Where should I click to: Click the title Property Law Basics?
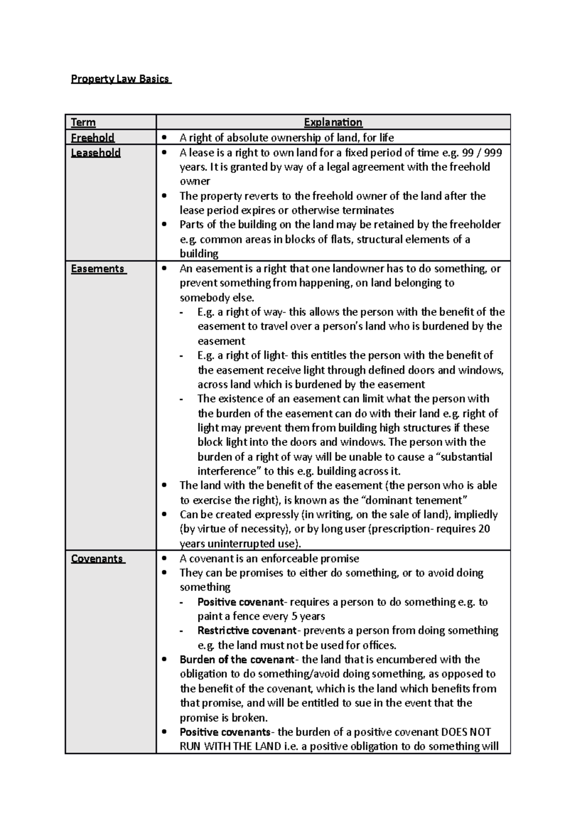point(120,79)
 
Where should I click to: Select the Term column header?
point(83,122)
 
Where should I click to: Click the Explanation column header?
point(333,122)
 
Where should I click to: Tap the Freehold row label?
point(92,138)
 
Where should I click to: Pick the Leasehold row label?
point(95,153)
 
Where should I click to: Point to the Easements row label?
point(98,269)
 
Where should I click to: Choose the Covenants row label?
point(97,559)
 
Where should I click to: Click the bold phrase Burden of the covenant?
point(237,660)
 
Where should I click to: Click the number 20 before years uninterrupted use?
point(484,529)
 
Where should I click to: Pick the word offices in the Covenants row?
point(379,645)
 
